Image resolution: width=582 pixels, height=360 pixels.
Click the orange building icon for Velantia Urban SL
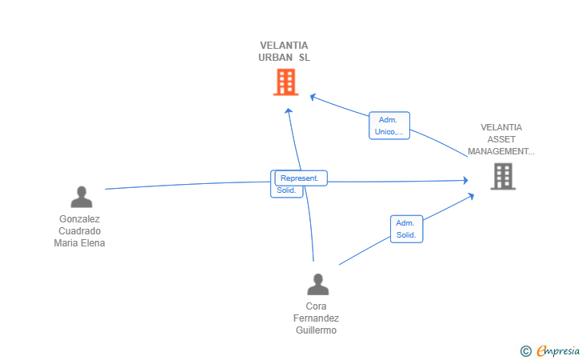tap(285, 82)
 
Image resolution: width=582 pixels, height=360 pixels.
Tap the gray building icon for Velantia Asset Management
tap(503, 176)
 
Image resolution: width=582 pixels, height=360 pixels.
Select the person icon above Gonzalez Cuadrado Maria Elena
tap(81, 197)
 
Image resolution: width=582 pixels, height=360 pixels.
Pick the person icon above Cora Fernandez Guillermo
tap(318, 284)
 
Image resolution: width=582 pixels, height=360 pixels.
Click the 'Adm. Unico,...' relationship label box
tap(389, 126)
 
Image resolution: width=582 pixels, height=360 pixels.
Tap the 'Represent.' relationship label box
tap(301, 178)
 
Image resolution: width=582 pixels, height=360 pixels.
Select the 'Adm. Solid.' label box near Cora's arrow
tap(406, 229)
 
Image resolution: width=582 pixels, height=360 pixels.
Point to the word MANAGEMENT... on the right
tap(501, 151)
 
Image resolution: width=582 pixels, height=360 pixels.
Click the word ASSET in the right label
tap(501, 139)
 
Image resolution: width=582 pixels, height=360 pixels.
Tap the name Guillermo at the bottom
tap(316, 330)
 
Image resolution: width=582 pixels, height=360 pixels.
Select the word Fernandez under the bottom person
tap(316, 318)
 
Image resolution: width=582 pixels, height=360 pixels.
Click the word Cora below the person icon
tap(316, 306)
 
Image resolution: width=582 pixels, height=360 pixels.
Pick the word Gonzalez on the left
tap(80, 219)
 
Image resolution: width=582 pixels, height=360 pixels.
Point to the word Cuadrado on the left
tap(80, 231)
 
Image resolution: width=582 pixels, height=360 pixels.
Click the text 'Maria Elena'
tap(80, 243)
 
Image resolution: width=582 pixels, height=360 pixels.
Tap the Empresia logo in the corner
tap(557, 350)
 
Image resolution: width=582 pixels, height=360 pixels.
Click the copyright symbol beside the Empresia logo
tap(525, 350)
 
